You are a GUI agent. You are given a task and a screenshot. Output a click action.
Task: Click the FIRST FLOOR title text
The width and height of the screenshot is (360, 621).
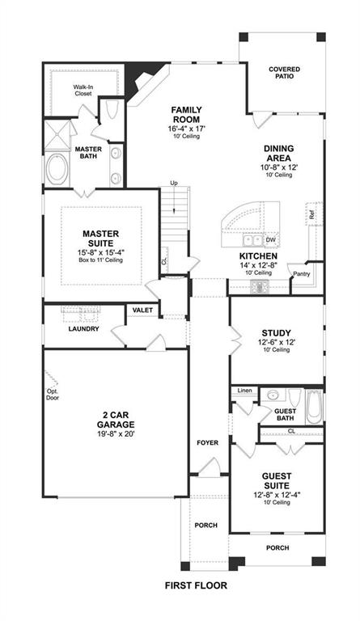196,585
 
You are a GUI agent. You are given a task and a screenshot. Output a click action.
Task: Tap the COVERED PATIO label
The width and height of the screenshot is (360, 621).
284,74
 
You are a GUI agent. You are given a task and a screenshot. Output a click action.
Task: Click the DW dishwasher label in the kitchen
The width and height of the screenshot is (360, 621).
271,240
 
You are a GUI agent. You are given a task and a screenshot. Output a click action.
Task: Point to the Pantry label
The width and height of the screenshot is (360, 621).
301,275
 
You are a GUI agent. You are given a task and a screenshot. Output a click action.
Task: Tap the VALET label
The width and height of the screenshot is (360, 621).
142,310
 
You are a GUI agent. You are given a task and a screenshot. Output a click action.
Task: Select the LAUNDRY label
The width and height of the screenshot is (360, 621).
84,328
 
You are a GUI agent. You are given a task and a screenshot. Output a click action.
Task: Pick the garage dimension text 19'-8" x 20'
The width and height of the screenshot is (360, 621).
114,432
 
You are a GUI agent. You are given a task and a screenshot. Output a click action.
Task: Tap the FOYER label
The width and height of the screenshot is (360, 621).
207,442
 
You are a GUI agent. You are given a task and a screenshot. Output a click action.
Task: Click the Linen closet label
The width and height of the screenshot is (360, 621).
244,391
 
